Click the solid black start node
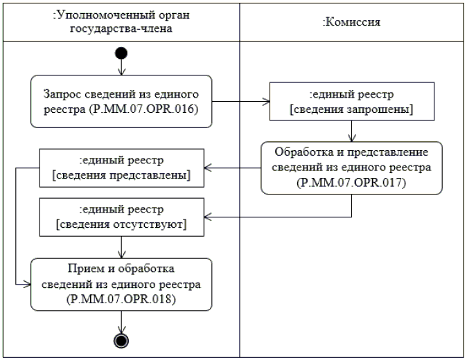click(121, 53)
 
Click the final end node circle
click(121, 341)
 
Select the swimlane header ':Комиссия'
click(351, 22)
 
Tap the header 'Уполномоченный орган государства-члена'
click(121, 21)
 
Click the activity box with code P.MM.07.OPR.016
click(121, 102)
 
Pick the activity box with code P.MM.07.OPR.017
click(351, 168)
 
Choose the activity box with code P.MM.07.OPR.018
click(121, 285)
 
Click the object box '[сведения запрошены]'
click(352, 102)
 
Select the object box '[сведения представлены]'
click(121, 168)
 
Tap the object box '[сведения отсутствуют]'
click(121, 217)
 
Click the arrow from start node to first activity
click(121, 67)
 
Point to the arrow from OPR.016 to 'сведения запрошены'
click(240, 102)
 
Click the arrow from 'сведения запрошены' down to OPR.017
click(352, 131)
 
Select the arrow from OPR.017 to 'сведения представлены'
click(232, 168)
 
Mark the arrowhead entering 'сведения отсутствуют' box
click(207, 217)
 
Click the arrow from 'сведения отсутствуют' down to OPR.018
click(121, 247)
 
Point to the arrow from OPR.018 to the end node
click(121, 322)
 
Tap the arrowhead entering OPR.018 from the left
click(28, 285)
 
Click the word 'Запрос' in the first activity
click(62, 94)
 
